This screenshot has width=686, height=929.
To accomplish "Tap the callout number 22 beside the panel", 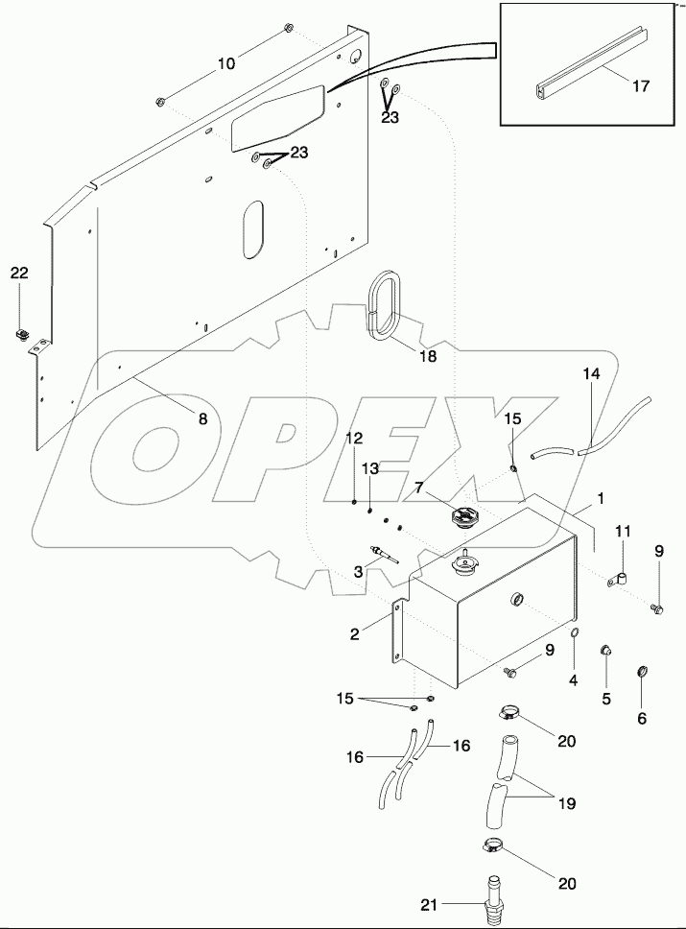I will coord(20,274).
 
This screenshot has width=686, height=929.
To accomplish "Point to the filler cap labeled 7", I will coord(461,519).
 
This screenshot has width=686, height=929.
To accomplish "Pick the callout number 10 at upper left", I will coord(225,64).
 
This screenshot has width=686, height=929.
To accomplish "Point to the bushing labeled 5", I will coord(606,654).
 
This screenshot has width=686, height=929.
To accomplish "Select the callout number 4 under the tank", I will coord(574,681).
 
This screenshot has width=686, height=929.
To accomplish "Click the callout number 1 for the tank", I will coord(602,500).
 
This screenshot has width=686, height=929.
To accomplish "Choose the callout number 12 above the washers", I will coord(355,438).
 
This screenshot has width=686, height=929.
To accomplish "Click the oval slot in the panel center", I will coord(251,229).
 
